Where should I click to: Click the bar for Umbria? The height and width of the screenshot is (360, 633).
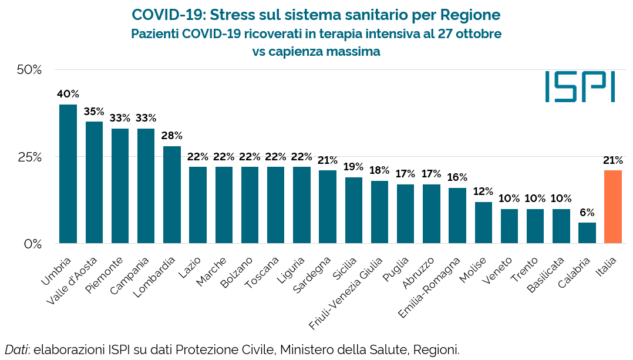click(68, 174)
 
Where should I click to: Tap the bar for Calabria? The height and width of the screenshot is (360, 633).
click(587, 233)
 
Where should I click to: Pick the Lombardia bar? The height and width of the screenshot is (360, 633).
click(172, 194)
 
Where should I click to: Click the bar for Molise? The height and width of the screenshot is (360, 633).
click(483, 223)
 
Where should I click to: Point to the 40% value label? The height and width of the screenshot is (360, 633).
click(68, 94)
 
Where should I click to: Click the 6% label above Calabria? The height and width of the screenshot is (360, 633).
click(587, 212)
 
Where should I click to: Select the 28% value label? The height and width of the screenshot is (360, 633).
click(172, 136)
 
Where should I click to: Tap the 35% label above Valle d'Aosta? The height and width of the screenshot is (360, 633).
click(94, 112)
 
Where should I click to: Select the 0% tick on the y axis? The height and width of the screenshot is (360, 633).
click(33, 244)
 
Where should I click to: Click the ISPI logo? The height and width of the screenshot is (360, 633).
click(580, 87)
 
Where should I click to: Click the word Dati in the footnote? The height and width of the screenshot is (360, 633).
click(16, 350)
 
